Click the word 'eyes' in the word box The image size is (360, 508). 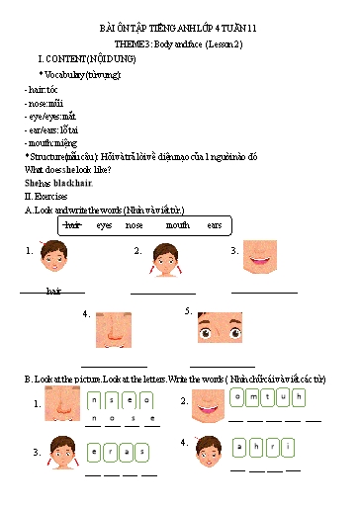104,225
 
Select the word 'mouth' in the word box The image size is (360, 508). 178,225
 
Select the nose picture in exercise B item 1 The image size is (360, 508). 62,403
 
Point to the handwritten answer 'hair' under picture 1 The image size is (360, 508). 52,292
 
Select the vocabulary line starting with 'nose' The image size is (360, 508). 45,102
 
